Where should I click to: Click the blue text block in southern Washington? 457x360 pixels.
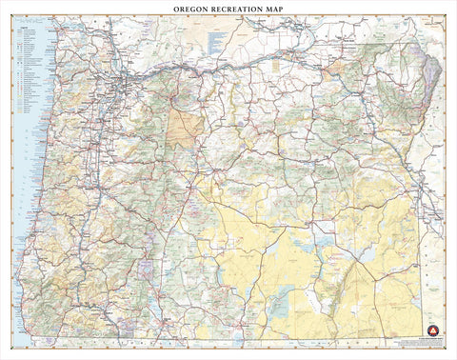217,40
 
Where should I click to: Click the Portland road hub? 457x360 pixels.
119,90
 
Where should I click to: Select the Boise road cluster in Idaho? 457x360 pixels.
440,208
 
